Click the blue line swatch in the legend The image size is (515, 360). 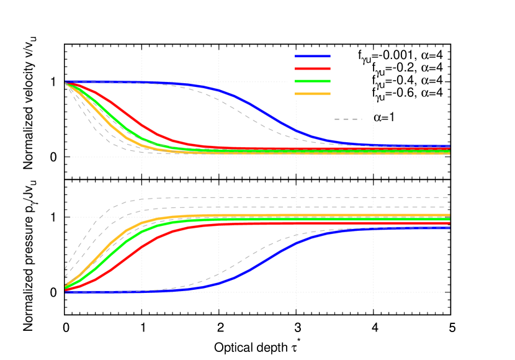[x=313, y=56]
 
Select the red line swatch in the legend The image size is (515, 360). [x=313, y=69]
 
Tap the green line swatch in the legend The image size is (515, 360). [x=313, y=81]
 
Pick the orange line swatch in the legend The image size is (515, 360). [x=313, y=94]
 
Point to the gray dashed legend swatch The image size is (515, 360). [x=348, y=119]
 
